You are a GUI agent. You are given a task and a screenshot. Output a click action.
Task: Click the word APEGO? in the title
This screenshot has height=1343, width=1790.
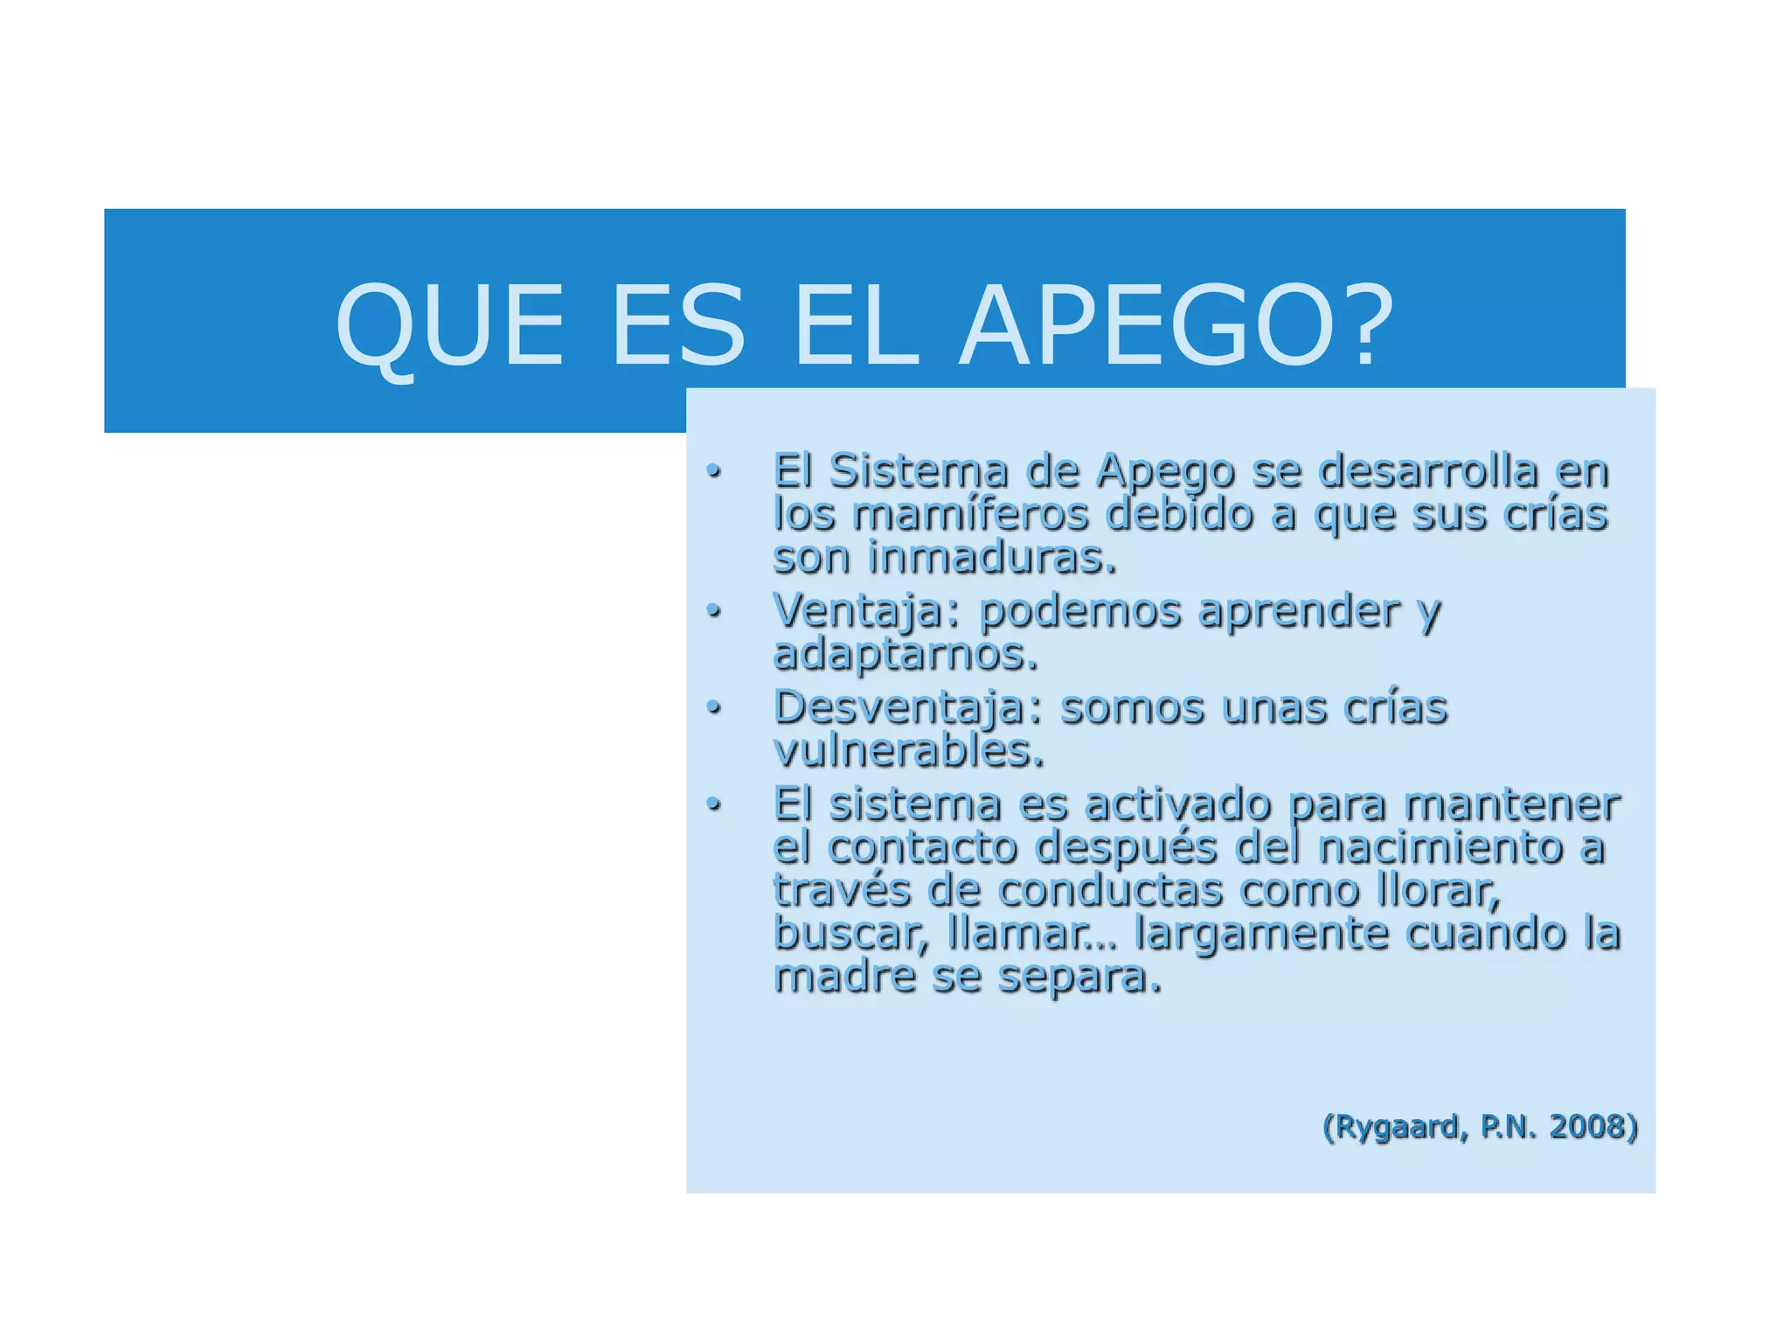[1176, 325]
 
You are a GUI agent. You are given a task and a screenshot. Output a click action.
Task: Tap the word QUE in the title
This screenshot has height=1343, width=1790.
[450, 327]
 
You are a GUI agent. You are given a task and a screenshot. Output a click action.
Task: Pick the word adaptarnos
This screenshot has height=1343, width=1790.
[905, 654]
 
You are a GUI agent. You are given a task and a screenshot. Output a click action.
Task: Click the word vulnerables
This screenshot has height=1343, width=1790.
[909, 750]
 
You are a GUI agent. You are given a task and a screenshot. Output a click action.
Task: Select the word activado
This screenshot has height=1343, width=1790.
[1177, 804]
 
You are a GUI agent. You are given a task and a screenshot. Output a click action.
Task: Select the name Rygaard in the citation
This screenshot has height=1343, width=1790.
[1396, 1127]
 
